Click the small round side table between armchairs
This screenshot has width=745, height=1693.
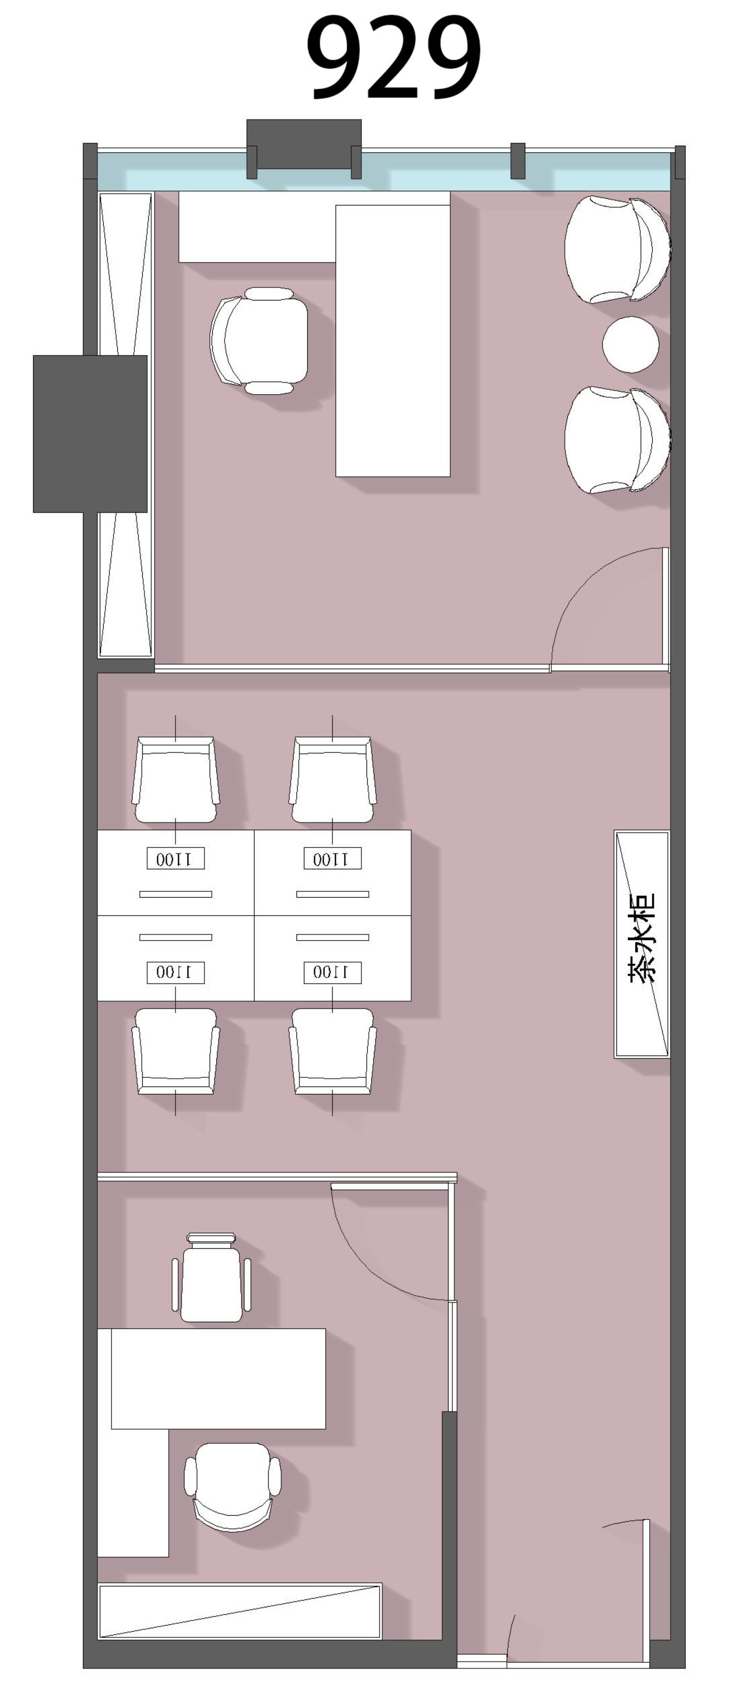[631, 344]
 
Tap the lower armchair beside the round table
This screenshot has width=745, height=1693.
[618, 440]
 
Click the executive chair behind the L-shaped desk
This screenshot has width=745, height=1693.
[259, 340]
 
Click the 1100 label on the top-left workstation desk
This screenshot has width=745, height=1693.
[175, 858]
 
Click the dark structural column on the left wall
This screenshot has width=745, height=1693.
[90, 434]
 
